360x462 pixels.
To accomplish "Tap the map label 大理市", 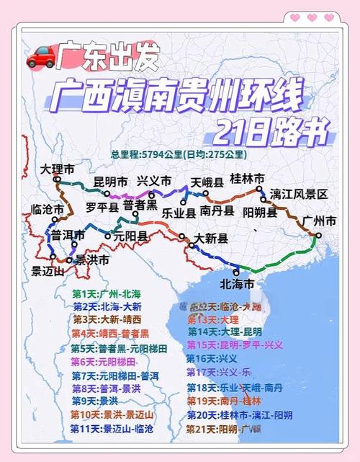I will pos(57,171).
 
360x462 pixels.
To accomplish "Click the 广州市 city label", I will pos(320,221).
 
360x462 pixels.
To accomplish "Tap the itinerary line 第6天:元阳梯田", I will pos(109,362).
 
